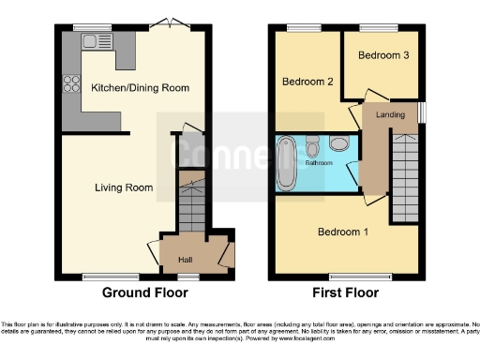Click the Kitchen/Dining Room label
140,88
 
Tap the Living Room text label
124,187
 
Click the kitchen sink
93,40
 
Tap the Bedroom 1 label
342,232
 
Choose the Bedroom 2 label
308,82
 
